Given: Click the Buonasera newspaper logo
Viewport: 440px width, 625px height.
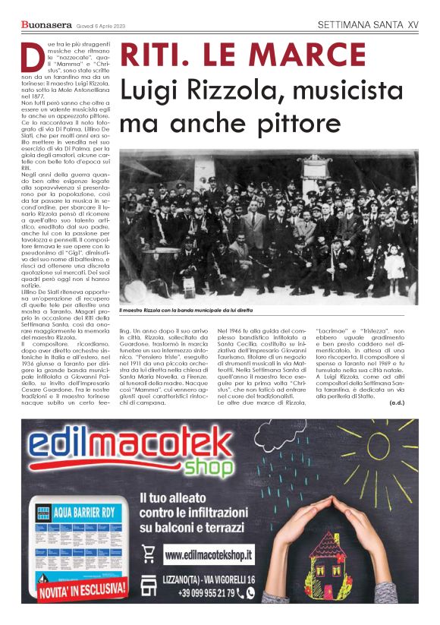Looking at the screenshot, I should click(x=42, y=25).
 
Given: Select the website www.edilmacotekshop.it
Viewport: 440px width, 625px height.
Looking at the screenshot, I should click(x=219, y=556).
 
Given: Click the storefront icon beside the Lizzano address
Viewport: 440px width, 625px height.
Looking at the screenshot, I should click(x=148, y=579).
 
